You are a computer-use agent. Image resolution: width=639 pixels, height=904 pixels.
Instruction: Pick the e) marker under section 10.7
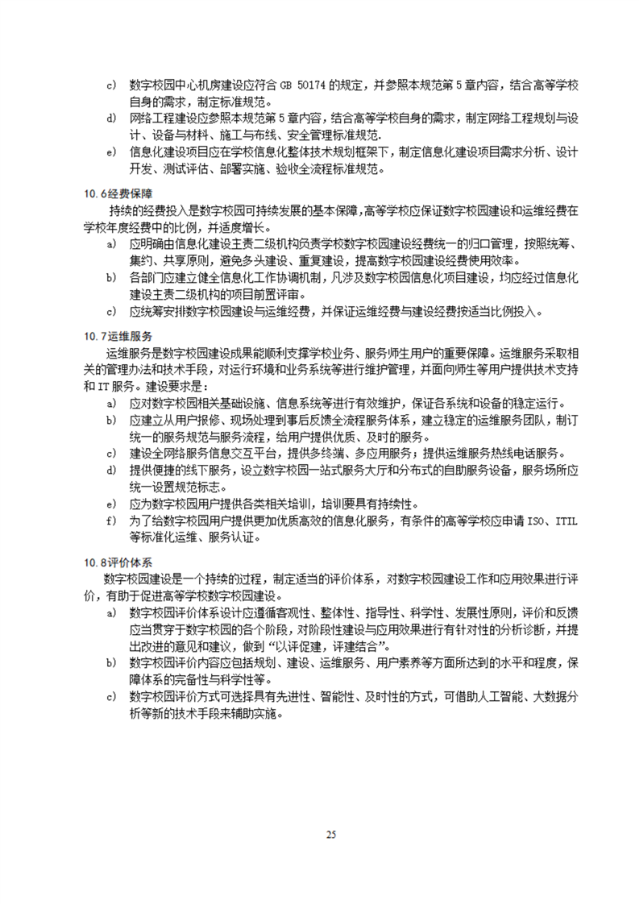point(110,504)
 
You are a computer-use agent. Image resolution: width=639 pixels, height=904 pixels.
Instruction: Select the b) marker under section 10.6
point(110,278)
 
